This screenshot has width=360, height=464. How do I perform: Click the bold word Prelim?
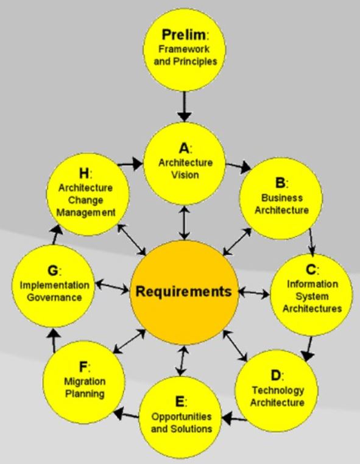(183, 35)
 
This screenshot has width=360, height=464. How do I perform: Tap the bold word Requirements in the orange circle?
(183, 292)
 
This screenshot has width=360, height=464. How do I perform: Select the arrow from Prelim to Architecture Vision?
(184, 107)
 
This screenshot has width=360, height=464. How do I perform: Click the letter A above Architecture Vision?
(184, 148)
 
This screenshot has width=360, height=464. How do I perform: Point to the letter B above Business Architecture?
(280, 183)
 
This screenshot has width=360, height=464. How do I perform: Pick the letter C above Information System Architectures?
(311, 269)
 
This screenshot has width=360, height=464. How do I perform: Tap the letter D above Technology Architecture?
(275, 376)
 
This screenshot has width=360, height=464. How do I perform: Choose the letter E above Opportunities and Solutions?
(180, 401)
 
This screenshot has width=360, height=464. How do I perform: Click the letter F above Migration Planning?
(83, 367)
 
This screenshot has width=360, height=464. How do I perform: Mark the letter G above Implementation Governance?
(53, 270)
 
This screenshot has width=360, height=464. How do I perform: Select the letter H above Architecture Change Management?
(84, 173)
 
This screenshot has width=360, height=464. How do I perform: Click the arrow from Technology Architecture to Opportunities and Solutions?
(234, 419)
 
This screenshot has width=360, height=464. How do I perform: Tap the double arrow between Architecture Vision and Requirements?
(185, 223)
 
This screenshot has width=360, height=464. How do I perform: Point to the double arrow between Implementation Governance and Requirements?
(112, 286)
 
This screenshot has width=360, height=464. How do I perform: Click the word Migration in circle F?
(85, 382)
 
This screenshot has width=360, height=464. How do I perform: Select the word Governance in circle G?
(54, 297)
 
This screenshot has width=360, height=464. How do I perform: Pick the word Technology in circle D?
(278, 391)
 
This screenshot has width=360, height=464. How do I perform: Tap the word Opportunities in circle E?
(182, 417)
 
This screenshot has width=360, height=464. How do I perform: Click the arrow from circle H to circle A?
(130, 164)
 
